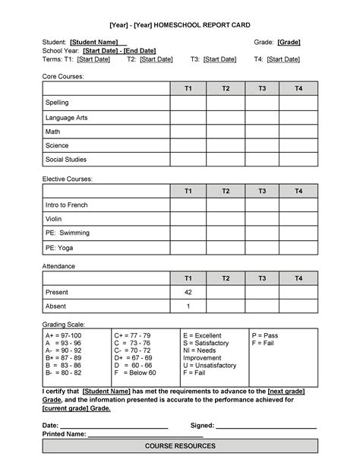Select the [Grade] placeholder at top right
pyautogui.click(x=289, y=41)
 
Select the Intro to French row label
pyautogui.click(x=67, y=204)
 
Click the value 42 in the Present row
pyautogui.click(x=188, y=292)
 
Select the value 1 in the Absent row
pyautogui.click(x=188, y=306)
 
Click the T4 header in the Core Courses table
pyautogui.click(x=298, y=88)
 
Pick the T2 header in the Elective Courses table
pyautogui.click(x=226, y=190)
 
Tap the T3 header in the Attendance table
pyautogui.click(x=262, y=278)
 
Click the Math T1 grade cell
pyautogui.click(x=188, y=132)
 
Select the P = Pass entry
pyautogui.click(x=265, y=335)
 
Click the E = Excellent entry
pyautogui.click(x=203, y=335)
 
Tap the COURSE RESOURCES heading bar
pyautogui.click(x=180, y=446)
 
